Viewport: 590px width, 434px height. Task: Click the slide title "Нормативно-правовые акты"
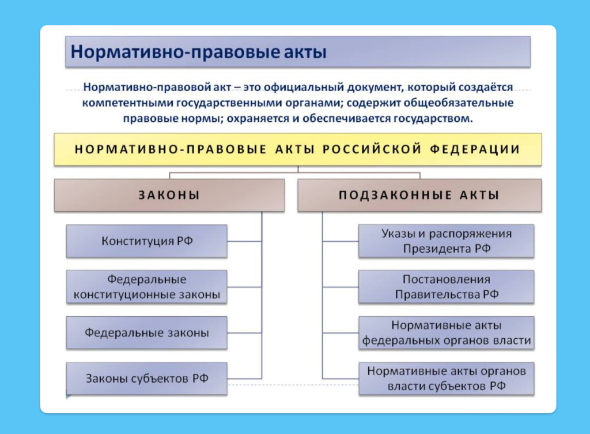[x=198, y=52]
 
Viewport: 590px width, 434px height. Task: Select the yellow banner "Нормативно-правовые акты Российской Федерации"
[x=298, y=149]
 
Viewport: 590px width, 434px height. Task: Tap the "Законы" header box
[x=169, y=195]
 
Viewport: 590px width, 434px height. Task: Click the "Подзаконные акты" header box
[x=419, y=195]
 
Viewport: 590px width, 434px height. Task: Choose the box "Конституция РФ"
[x=147, y=241]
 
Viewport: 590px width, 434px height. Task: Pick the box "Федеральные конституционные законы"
[x=147, y=287]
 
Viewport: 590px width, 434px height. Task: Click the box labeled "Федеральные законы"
[x=147, y=333]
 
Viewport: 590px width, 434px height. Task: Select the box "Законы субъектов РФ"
[x=147, y=379]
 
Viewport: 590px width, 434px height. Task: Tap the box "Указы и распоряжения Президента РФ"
[x=446, y=241]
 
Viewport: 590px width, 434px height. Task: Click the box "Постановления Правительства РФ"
[x=446, y=287]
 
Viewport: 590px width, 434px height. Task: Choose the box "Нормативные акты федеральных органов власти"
[x=446, y=333]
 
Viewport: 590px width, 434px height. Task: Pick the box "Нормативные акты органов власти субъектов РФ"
[x=446, y=379]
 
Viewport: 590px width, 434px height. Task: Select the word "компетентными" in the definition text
[x=123, y=103]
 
